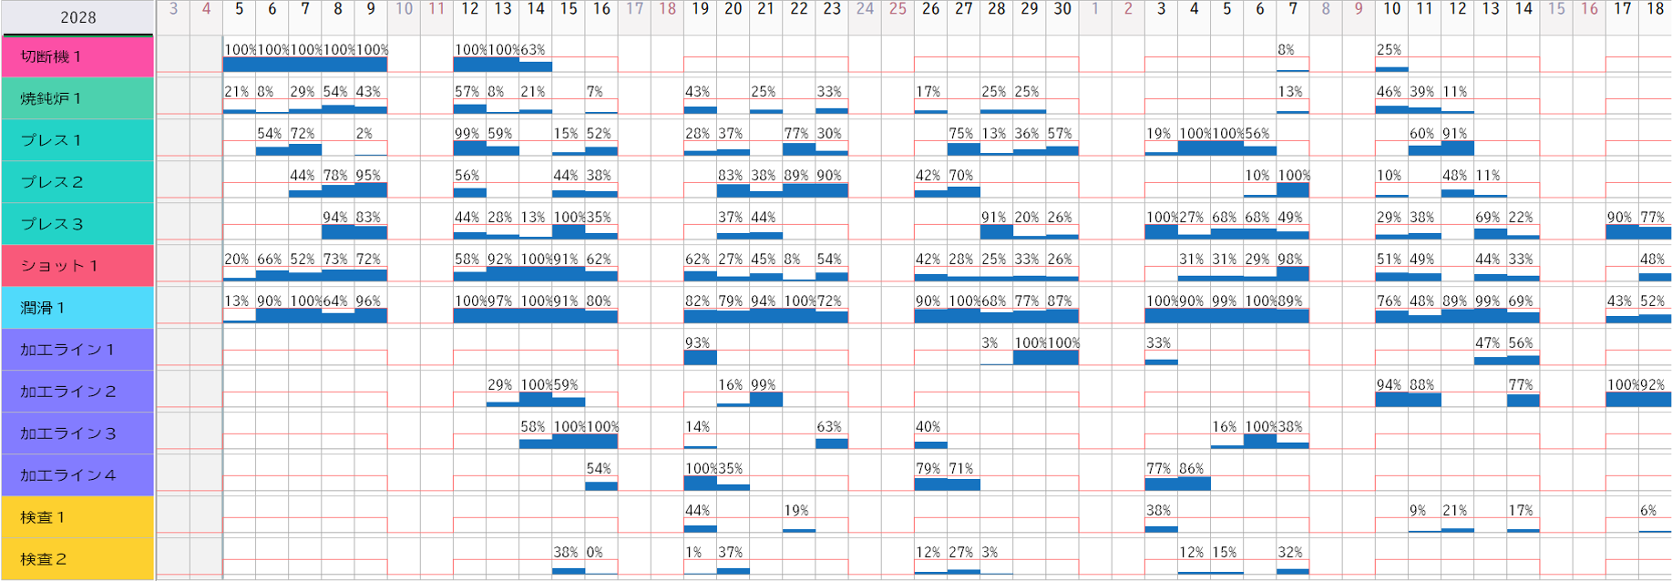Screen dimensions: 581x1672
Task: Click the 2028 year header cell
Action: [77, 17]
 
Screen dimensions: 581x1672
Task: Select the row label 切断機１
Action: [77, 56]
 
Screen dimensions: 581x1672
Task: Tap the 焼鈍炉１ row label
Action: [77, 98]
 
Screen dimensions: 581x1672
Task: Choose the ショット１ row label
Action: [77, 266]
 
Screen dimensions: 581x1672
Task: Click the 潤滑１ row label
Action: [77, 308]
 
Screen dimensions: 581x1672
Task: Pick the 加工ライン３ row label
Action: [77, 433]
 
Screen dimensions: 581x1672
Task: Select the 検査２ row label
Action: [77, 559]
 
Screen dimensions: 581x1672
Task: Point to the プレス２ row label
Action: [77, 182]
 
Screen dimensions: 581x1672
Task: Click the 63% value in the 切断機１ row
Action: [533, 50]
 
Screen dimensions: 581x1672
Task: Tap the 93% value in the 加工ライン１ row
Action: [698, 343]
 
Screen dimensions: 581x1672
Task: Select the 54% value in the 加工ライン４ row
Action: [599, 469]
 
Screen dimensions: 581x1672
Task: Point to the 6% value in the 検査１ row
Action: [1648, 511]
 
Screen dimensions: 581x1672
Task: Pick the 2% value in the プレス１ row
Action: [364, 134]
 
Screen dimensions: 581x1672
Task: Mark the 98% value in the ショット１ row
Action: [1290, 260]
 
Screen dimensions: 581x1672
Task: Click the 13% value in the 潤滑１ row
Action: [237, 301]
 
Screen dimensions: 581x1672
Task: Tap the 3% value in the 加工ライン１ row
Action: [990, 343]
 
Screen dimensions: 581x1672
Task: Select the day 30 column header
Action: [1062, 9]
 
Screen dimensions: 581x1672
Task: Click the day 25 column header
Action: [898, 9]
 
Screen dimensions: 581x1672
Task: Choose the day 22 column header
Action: [799, 9]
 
